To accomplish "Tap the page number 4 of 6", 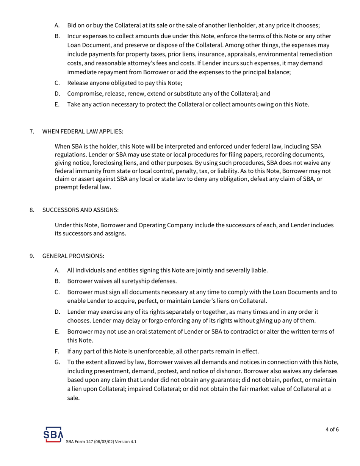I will coord(332,429).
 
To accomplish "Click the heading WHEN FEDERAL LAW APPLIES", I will coord(83,131).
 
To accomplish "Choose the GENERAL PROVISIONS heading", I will coord(73,256).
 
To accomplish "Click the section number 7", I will coord(32,131).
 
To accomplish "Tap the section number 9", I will coord(32,256).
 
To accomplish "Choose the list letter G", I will coord(58,362).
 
